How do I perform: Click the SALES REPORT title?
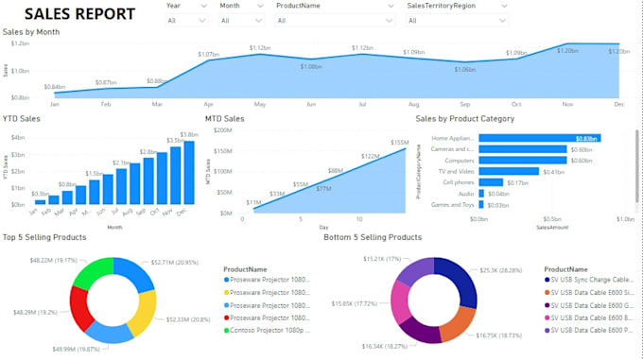[x=79, y=13]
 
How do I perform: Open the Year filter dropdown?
[x=186, y=20]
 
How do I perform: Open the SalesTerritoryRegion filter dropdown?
[x=457, y=20]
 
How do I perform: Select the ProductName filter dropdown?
[x=336, y=20]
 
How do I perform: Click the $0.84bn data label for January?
[x=55, y=87]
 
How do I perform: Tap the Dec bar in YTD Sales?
[x=189, y=173]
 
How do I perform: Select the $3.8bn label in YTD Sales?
[x=188, y=134]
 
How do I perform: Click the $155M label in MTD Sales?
[x=400, y=142]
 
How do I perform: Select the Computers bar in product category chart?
[x=523, y=160]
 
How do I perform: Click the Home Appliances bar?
[x=540, y=138]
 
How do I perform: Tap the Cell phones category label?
[x=459, y=182]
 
